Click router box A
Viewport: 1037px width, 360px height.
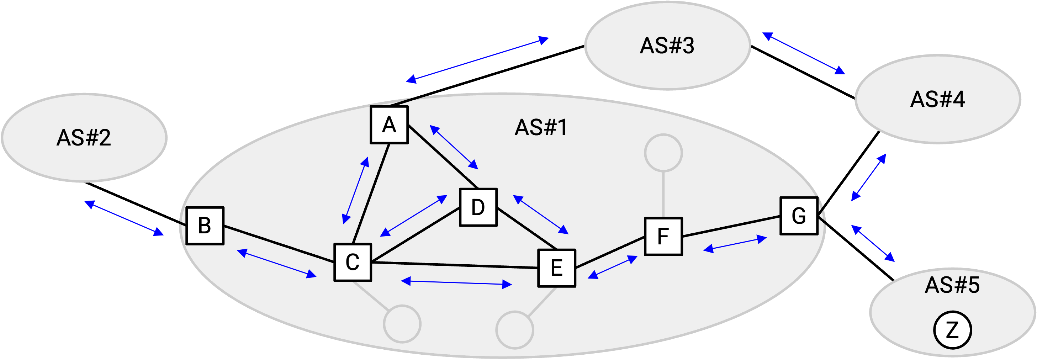point(389,125)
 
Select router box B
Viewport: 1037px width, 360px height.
point(205,226)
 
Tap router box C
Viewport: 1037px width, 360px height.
point(353,263)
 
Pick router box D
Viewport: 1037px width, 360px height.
point(478,207)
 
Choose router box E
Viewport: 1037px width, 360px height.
point(557,268)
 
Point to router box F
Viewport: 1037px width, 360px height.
point(663,236)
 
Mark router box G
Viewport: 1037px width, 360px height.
point(799,216)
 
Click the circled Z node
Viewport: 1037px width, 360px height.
point(953,330)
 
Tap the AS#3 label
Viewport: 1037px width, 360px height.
point(667,46)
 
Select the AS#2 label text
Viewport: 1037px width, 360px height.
point(84,138)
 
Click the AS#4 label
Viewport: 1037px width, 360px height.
point(938,100)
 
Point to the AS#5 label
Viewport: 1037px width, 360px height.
point(952,285)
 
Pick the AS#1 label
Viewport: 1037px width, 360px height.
point(541,128)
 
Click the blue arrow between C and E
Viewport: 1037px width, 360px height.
point(456,283)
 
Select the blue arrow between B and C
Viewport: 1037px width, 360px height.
point(277,264)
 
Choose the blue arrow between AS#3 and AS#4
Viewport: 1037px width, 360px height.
point(804,54)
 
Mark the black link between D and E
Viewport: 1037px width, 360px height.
point(527,228)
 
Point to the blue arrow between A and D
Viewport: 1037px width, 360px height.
point(454,147)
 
